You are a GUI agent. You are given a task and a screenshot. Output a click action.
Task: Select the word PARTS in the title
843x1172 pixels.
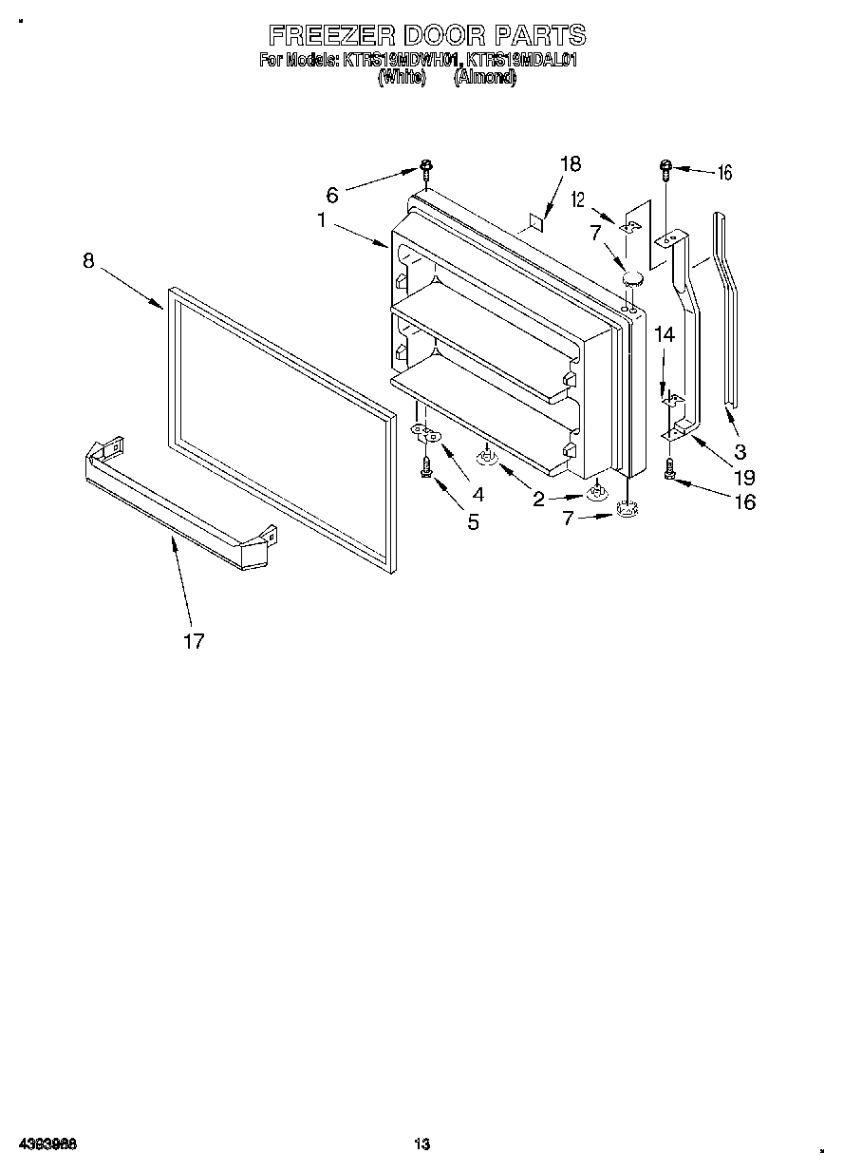[x=537, y=36]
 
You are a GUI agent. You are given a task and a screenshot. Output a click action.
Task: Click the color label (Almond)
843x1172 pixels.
[x=485, y=79]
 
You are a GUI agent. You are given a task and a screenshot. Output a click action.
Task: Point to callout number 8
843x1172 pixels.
[x=88, y=261]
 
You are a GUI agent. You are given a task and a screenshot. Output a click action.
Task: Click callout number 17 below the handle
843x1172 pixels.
[x=194, y=642]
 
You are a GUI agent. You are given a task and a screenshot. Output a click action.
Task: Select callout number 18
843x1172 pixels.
[x=570, y=164]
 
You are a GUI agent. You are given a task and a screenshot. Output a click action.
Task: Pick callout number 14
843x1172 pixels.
[x=665, y=334]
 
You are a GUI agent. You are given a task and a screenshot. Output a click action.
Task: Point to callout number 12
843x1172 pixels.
[x=576, y=200]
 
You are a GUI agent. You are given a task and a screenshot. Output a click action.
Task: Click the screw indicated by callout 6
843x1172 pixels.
[x=427, y=172]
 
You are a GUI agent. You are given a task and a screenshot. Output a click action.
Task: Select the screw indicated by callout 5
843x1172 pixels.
[x=426, y=466]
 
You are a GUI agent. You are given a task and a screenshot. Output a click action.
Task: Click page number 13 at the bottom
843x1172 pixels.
[x=422, y=1144]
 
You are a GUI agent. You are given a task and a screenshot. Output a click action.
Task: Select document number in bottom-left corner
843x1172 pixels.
[x=47, y=1144]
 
